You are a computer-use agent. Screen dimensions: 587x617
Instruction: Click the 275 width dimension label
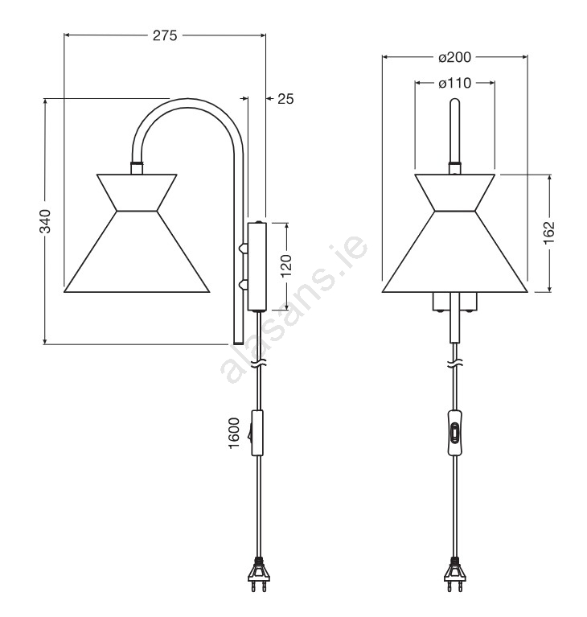(x=165, y=36)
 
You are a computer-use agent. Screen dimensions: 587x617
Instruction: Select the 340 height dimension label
(x=45, y=221)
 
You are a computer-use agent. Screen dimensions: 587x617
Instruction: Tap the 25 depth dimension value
(x=285, y=99)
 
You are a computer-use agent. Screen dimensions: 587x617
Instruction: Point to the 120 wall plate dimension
(x=286, y=266)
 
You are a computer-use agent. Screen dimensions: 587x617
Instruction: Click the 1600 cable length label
(x=234, y=433)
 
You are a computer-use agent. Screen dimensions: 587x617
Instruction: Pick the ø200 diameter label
(x=455, y=57)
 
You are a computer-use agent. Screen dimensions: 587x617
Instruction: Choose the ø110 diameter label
(x=455, y=83)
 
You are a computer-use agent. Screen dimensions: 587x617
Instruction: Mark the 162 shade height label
(x=549, y=233)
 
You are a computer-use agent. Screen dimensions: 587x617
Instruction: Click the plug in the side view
(x=258, y=576)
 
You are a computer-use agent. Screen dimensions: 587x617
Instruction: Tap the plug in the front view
(x=455, y=576)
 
